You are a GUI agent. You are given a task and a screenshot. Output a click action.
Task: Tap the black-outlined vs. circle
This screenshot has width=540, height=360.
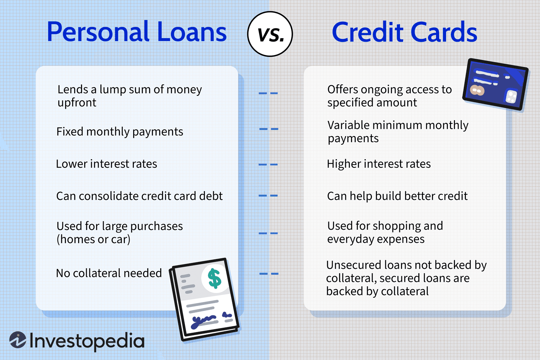click(x=270, y=34)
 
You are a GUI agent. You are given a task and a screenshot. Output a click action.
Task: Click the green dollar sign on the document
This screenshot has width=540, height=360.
click(x=215, y=279)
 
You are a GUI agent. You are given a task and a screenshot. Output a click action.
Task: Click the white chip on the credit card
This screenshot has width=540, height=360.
click(x=511, y=96)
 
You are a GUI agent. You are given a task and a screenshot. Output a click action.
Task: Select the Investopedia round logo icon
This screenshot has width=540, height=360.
click(x=18, y=340)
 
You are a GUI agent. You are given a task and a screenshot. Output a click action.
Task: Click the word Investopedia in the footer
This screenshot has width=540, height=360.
click(x=87, y=341)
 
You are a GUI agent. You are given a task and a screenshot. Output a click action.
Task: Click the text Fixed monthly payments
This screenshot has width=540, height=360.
click(x=120, y=132)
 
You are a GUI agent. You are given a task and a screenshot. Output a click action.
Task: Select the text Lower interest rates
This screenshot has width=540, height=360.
click(x=106, y=164)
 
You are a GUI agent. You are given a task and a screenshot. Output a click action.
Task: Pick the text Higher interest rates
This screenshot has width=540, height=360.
click(x=378, y=164)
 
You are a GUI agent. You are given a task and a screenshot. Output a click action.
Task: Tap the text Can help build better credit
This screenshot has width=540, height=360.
click(x=397, y=196)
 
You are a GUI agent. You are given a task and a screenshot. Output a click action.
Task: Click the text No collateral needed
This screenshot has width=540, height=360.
click(x=109, y=273)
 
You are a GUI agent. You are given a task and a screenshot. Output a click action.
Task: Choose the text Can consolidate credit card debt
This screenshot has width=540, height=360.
click(x=139, y=196)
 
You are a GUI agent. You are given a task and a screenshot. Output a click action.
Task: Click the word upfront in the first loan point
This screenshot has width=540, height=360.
click(x=77, y=103)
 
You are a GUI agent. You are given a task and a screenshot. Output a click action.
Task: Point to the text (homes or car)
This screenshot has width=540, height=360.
click(x=94, y=239)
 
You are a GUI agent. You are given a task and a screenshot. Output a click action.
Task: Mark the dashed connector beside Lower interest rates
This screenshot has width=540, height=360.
click(x=268, y=165)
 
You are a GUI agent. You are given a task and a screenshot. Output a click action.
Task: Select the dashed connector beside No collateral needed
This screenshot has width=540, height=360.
click(x=269, y=274)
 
